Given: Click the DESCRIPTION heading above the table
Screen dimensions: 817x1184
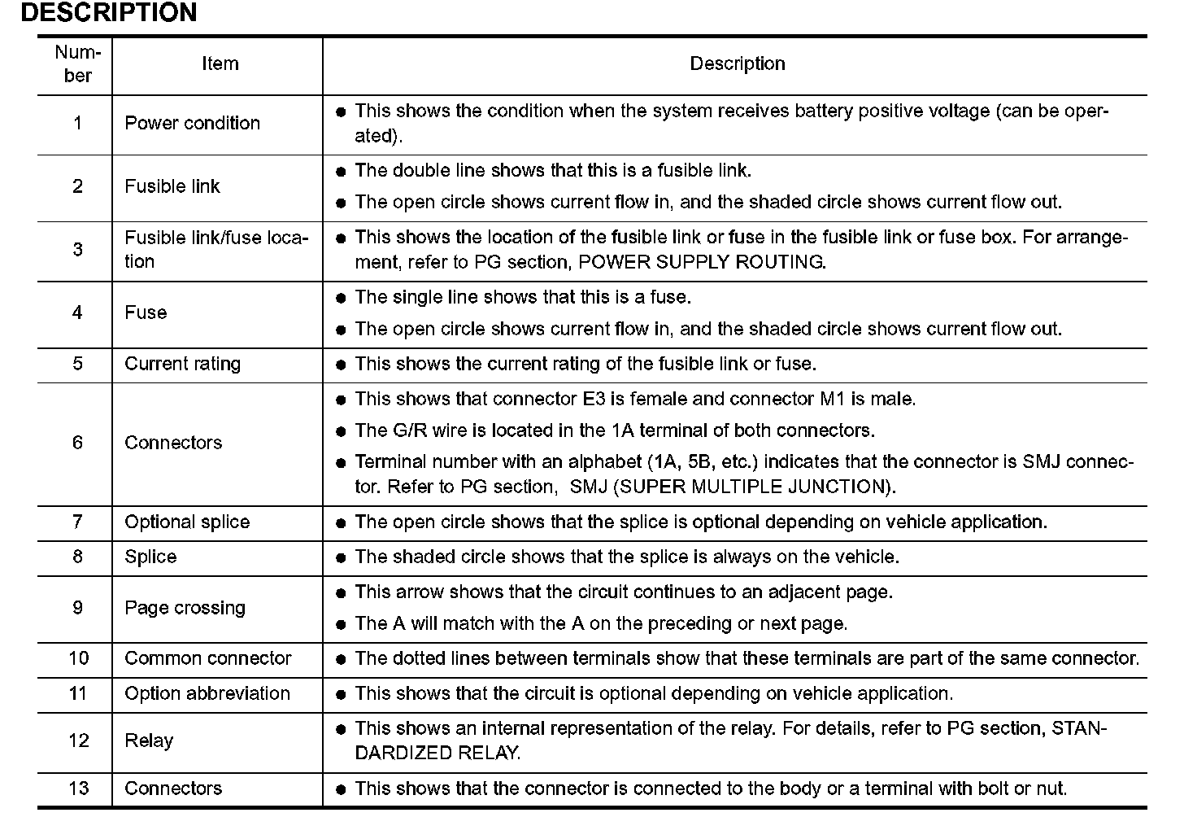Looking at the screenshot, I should point(108,13).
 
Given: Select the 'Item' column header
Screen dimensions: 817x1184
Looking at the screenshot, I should point(220,63).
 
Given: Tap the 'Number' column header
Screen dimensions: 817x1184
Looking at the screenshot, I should point(77,64).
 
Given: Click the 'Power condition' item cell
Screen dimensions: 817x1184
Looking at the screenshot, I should point(192,123).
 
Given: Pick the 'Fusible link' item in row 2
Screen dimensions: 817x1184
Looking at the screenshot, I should point(172,186).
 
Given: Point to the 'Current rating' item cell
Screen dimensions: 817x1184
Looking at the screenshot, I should point(182,364).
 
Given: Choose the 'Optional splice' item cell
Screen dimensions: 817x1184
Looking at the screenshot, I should point(187,522).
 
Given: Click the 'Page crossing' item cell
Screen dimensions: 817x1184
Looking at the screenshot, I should point(185,608).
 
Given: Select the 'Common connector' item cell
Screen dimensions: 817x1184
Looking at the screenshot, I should point(207,658).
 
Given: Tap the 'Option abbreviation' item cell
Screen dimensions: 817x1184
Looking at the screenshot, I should point(207,693).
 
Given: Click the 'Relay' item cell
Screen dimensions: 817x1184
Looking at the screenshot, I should point(149,741).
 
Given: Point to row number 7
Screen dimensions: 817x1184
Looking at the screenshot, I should point(77,522).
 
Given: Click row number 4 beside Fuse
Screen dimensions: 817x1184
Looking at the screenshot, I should point(77,312).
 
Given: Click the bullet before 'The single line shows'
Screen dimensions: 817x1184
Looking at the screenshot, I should point(341,298).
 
